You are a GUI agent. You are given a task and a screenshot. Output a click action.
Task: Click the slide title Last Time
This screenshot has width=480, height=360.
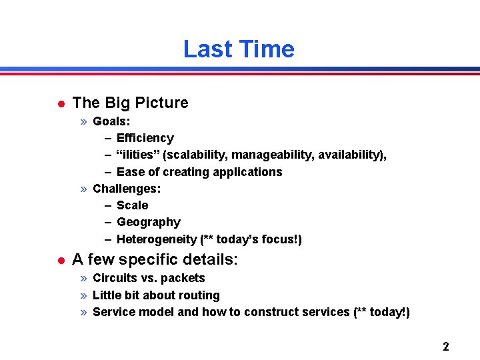coord(239,49)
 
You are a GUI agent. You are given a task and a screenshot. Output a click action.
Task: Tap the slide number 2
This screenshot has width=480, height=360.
coord(445,346)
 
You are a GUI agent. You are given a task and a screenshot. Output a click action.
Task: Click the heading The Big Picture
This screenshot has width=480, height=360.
coord(130,103)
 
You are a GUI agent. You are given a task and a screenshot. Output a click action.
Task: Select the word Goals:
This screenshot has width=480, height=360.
coord(111,121)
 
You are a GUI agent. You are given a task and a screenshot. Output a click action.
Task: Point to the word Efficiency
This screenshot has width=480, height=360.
coord(145,138)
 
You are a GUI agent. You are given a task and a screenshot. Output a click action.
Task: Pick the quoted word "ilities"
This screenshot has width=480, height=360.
coord(138,155)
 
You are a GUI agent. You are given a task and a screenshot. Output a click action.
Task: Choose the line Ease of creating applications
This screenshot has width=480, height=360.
coord(199,172)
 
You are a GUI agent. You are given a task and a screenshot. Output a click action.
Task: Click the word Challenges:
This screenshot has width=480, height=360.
coord(127,189)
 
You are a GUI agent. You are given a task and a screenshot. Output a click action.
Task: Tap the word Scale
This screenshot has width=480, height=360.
coord(132,205)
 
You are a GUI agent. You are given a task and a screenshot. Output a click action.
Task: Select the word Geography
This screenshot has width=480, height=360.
coord(148,222)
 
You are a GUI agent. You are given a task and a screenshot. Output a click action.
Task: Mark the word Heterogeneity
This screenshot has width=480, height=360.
coord(157,239)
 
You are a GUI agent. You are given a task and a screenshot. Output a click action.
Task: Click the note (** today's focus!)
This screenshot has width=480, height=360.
coord(251,239)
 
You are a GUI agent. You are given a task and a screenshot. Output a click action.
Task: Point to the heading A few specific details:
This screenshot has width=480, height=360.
coord(155,259)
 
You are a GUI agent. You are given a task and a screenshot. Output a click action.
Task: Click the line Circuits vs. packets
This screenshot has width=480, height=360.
coord(149,278)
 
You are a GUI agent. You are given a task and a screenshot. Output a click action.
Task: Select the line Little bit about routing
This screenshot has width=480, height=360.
coord(156,295)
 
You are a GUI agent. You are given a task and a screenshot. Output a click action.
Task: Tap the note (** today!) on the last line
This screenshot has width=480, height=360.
coord(381,312)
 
